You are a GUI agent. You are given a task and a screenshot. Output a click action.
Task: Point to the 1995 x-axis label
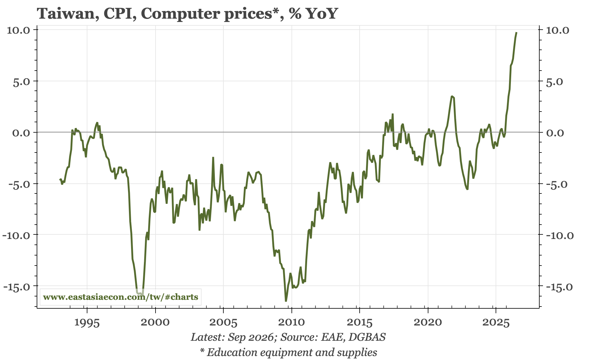pos(87,323)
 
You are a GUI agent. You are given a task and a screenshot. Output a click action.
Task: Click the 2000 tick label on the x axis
pos(155,323)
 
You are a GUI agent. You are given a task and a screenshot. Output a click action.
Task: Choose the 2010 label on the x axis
pos(292,323)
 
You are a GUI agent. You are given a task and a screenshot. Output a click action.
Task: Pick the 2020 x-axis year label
pos(428,323)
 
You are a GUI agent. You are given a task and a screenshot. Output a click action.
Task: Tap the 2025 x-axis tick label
pos(496,323)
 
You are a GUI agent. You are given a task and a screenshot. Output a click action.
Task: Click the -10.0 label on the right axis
pos(558,235)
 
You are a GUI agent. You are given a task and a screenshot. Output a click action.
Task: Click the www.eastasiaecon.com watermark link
pos(120,297)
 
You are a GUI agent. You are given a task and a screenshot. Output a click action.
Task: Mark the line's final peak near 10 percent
pos(516,32)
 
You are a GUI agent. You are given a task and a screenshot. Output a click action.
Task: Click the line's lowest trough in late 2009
pos(286,301)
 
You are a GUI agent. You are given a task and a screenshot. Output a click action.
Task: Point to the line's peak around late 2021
pos(452,96)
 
